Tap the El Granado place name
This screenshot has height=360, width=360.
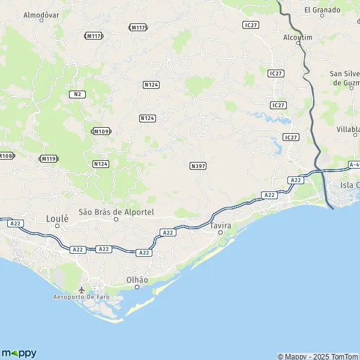point(322,10)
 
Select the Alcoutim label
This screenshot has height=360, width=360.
point(298,37)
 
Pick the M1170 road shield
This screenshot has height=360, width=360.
point(94,36)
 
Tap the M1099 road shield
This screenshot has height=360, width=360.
point(101,131)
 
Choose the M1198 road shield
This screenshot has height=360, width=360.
point(49,158)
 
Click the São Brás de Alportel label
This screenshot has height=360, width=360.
point(116,212)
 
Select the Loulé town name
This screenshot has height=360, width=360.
point(58,218)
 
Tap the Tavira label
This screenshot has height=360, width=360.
point(220,225)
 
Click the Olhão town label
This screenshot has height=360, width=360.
point(137,280)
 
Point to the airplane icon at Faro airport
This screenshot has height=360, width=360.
point(82,290)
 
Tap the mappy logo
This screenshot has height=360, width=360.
point(19,353)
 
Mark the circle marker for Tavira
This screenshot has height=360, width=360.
point(220,232)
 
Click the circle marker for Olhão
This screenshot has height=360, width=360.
point(137,287)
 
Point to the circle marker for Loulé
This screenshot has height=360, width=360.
point(58,226)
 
